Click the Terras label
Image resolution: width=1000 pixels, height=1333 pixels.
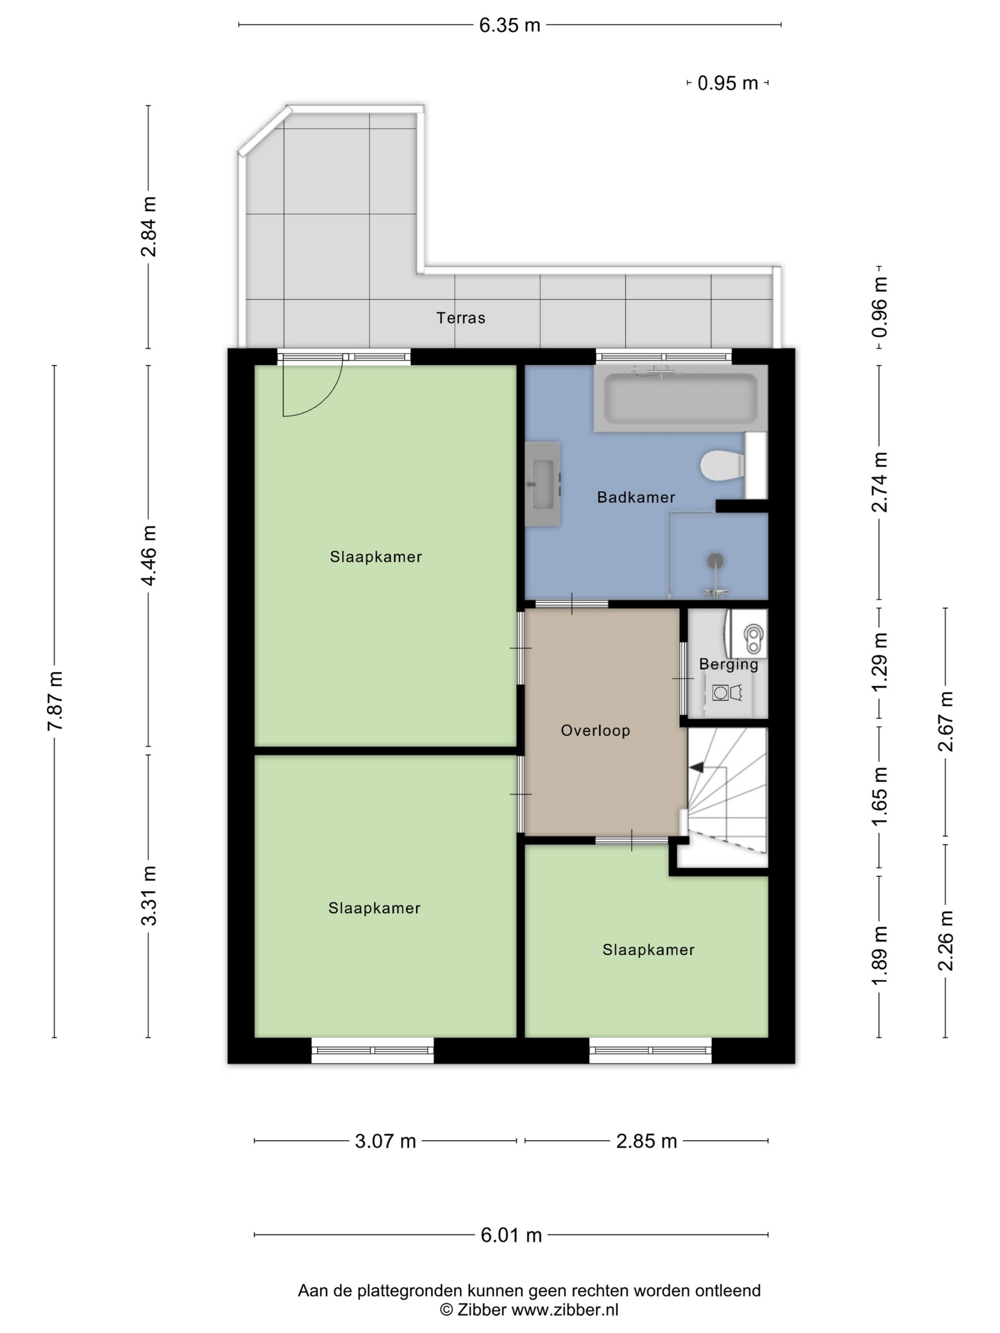pos(460,318)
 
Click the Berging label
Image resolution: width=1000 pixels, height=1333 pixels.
pos(728,665)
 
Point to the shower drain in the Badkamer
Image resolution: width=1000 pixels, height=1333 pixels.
pos(716,560)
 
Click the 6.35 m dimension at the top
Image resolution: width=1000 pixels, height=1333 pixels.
pos(510,25)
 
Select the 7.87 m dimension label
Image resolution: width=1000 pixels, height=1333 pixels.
pos(55,701)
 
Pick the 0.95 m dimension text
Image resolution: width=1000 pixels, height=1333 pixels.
pos(728,83)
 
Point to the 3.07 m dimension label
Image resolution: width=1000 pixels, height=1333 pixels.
pos(385,1141)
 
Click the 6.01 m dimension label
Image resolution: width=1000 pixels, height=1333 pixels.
pos(511,1235)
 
